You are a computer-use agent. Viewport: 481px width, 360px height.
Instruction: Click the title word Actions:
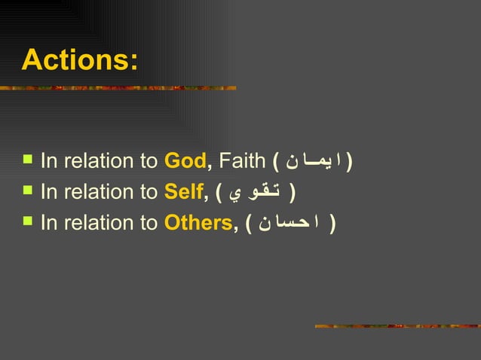point(80,60)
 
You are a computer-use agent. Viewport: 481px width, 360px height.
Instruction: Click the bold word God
point(185,160)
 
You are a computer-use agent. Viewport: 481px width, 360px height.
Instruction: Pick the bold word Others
point(198,224)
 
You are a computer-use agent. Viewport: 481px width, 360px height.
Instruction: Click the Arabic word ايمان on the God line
point(315,161)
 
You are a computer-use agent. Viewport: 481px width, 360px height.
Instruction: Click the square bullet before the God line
point(28,160)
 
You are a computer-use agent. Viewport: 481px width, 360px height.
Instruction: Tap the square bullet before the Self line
point(28,191)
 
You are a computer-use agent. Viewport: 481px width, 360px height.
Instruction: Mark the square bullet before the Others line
point(28,223)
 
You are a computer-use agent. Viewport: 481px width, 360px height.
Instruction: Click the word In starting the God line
point(49,160)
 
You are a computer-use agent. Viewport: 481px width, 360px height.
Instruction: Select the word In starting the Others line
point(49,224)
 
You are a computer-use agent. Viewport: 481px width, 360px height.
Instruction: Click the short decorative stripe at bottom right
point(396,326)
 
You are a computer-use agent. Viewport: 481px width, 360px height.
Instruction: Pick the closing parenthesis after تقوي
point(292,193)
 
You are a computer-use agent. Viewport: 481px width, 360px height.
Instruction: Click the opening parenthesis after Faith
point(277,161)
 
